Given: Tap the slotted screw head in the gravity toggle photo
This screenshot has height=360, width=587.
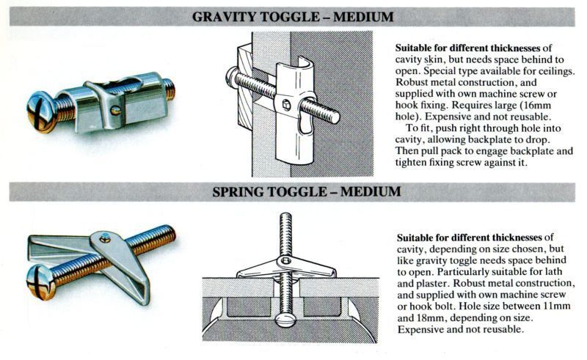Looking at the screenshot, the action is pyautogui.click(x=40, y=111).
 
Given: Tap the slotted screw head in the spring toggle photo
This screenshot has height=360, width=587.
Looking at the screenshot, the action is pyautogui.click(x=40, y=282).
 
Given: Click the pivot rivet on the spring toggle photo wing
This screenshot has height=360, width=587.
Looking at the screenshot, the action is pyautogui.click(x=105, y=238).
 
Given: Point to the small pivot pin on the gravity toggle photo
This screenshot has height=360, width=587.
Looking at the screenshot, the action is pyautogui.click(x=116, y=110).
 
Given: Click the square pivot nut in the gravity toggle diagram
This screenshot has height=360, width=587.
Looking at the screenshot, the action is pyautogui.click(x=286, y=105).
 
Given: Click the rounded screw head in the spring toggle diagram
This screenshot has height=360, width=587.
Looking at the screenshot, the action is pyautogui.click(x=285, y=320).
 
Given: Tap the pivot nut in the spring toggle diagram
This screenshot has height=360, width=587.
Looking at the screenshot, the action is pyautogui.click(x=286, y=261).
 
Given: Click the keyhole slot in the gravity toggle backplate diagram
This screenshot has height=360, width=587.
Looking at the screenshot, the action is pyautogui.click(x=306, y=122).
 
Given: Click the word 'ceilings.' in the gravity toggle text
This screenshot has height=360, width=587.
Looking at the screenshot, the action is pyautogui.click(x=557, y=71).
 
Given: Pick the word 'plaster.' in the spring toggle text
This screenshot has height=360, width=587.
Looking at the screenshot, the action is pyautogui.click(x=433, y=283).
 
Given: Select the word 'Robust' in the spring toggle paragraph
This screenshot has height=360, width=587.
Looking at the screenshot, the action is pyautogui.click(x=468, y=283).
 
